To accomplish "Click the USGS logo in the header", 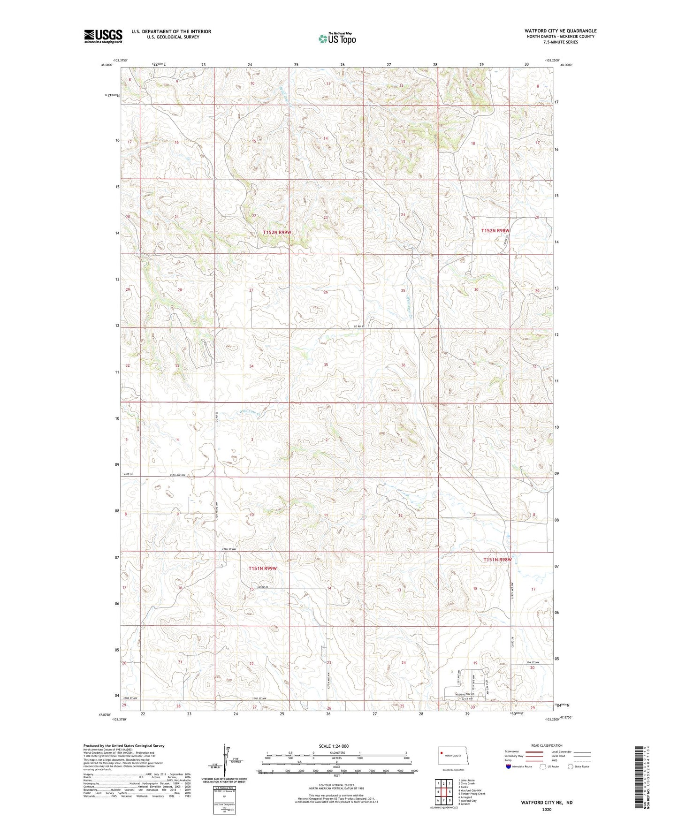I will pyautogui.click(x=103, y=36).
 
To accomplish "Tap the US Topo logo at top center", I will pyautogui.click(x=336, y=38).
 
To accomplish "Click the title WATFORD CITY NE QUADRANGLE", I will pyautogui.click(x=560, y=31).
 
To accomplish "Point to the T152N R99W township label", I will pyautogui.click(x=277, y=232).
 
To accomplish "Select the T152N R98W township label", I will pyautogui.click(x=495, y=231).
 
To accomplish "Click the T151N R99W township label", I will pyautogui.click(x=262, y=568).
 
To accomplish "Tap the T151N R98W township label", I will pyautogui.click(x=497, y=559).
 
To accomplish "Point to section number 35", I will pyautogui.click(x=326, y=364).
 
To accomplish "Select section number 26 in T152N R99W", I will pyautogui.click(x=326, y=292).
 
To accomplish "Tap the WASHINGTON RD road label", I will pyautogui.click(x=466, y=694).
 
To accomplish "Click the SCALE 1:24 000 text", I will pyautogui.click(x=334, y=746).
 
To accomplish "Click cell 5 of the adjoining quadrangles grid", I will pyautogui.click(x=449, y=792).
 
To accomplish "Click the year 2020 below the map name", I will pyautogui.click(x=546, y=809).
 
